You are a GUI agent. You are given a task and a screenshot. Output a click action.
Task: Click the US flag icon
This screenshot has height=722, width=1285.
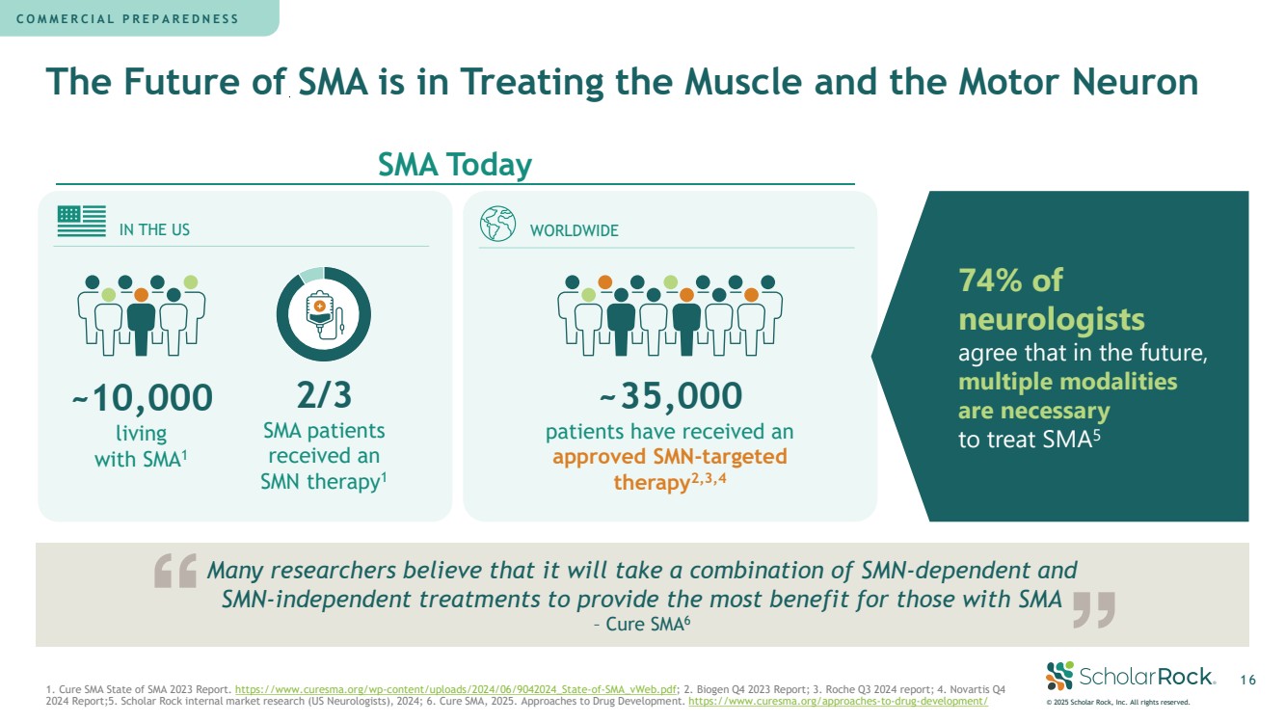[81, 222]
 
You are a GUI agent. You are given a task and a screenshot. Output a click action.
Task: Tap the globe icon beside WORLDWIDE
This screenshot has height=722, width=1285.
[497, 224]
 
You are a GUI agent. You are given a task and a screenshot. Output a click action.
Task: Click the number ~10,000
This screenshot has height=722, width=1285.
[142, 397]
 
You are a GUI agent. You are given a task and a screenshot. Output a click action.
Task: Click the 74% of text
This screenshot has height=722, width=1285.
[1010, 281]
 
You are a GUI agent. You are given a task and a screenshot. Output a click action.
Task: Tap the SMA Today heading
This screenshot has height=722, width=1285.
[455, 165]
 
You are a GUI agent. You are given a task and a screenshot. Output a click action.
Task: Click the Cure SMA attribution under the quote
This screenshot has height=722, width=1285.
[642, 625]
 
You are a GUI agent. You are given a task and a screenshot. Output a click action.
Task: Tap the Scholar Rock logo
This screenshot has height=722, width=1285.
[1129, 676]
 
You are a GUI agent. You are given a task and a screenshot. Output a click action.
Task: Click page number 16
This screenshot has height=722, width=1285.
[1247, 681]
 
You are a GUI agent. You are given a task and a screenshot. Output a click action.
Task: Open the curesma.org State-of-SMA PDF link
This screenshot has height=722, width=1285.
[457, 690]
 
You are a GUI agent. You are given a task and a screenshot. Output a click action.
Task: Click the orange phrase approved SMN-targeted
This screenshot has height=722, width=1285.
[670, 456]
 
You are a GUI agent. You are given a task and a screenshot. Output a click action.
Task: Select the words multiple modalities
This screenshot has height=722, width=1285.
[1067, 382]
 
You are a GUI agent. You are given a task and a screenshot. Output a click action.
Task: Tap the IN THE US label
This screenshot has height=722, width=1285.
[154, 230]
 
